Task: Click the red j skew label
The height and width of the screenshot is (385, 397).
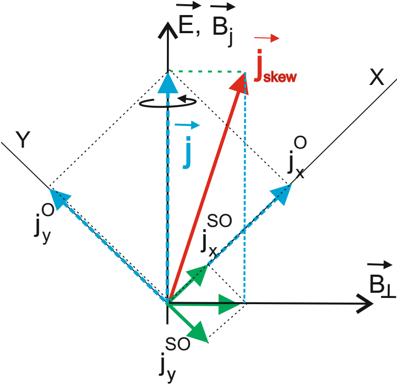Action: tap(275, 73)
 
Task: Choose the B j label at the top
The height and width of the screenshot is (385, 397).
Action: tap(223, 29)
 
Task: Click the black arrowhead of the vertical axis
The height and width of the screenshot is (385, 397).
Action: tap(167, 28)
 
